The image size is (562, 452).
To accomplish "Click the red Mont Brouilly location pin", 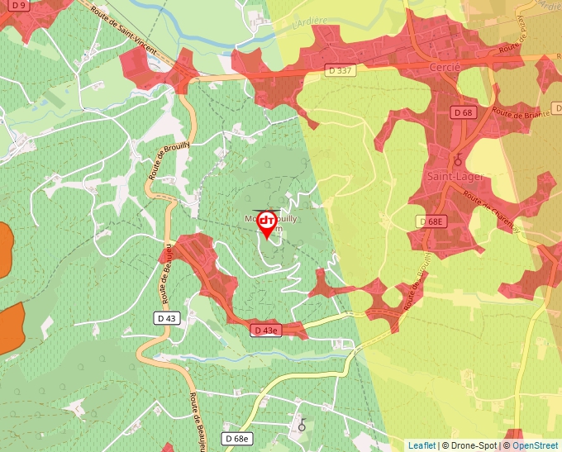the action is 267,223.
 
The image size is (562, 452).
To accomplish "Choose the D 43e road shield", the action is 267,331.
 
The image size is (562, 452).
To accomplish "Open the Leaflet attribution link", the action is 421,445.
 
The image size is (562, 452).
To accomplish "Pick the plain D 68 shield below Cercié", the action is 463,112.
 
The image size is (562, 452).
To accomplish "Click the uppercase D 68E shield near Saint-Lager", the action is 431,221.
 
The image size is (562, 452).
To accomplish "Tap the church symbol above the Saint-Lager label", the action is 458,159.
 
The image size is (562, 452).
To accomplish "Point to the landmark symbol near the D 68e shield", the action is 302,425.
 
